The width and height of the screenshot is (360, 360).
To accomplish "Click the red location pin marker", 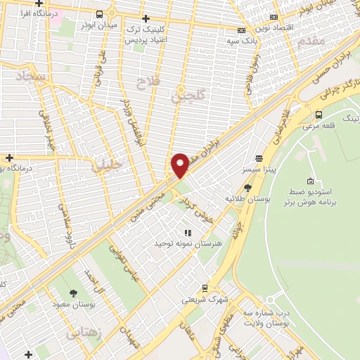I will pyautogui.click(x=180, y=165).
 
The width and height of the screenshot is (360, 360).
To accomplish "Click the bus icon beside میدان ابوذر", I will pyautogui.click(x=100, y=14).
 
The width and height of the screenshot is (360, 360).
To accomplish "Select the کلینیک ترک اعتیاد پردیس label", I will pyautogui.click(x=145, y=34).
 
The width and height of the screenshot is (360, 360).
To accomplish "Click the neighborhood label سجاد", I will pyautogui.click(x=33, y=75).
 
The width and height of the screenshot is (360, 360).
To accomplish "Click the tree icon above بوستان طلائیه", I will pyautogui.click(x=247, y=187).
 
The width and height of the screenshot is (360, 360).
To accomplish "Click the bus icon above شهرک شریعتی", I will pyautogui.click(x=205, y=288).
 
